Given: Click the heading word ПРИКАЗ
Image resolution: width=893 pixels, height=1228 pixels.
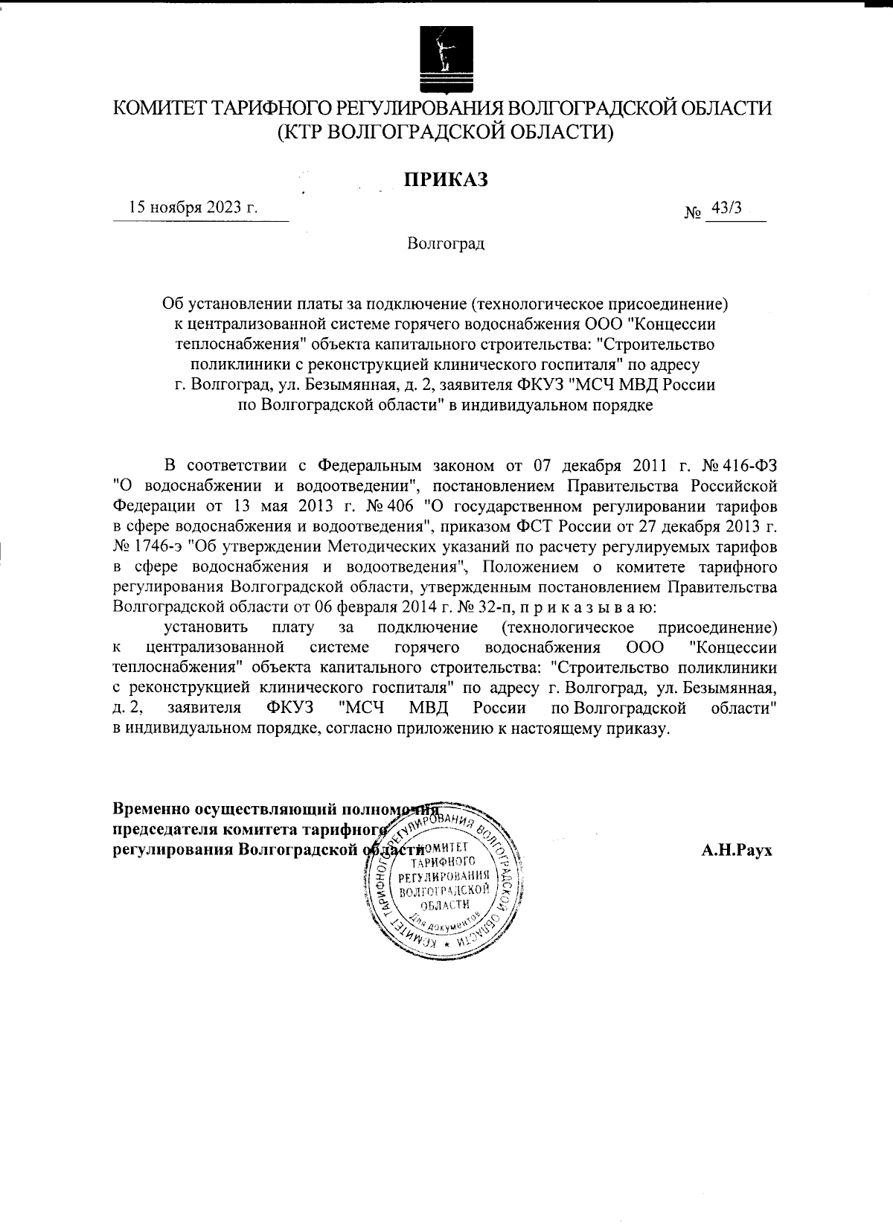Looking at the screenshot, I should tap(446, 179).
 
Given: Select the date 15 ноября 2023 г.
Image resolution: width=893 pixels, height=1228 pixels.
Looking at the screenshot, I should tap(193, 208).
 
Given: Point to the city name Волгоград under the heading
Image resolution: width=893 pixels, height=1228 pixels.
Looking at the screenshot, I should tap(446, 243).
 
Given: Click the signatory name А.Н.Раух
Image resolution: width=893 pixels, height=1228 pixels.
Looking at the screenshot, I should tap(737, 850).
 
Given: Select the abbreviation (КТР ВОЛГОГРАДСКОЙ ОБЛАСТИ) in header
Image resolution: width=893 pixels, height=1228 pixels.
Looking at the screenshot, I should tap(446, 132).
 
